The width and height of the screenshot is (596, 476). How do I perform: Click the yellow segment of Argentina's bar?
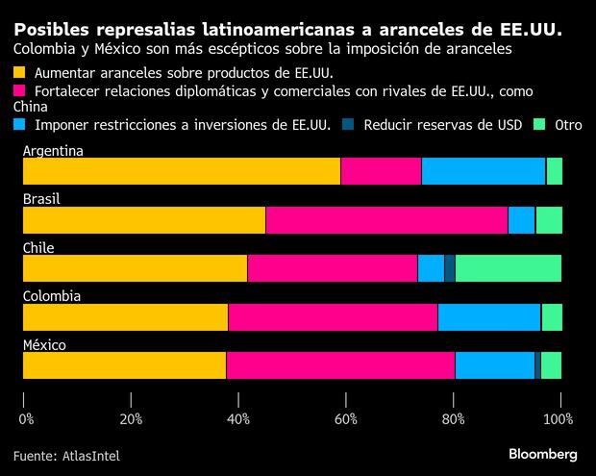tap(181, 171)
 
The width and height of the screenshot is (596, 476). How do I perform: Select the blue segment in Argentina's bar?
tap(483, 171)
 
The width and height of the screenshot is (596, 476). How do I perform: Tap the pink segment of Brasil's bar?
tap(386, 220)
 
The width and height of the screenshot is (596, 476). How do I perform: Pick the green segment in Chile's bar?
tap(508, 268)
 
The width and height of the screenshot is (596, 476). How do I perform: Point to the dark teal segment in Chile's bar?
tap(450, 268)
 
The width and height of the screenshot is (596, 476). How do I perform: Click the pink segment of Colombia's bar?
tap(333, 317)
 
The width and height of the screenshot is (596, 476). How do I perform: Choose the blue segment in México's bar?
tap(494, 365)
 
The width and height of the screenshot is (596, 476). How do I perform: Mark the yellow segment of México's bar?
tap(124, 365)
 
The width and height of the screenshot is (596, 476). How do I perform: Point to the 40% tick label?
tap(238, 418)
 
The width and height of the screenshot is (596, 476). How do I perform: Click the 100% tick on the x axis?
tap(559, 418)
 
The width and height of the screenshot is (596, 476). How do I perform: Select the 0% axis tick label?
tap(26, 418)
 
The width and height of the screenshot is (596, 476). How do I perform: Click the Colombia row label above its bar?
tap(51, 296)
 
